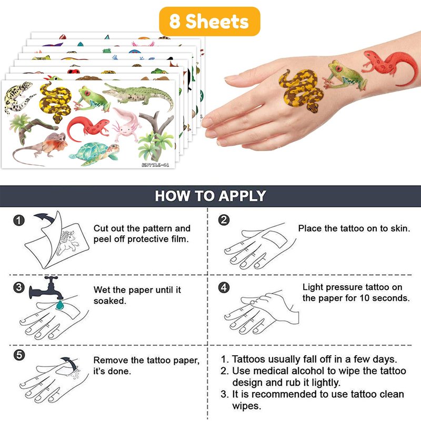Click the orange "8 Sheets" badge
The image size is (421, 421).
pos(209,22)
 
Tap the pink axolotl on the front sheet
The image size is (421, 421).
pos(126,124)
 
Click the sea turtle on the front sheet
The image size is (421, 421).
pos(95,154)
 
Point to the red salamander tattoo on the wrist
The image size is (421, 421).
pos(389,66)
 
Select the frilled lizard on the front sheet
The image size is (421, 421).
pos(41,148)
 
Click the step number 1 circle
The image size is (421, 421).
pos(19,220)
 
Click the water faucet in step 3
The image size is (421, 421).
pos(46,288)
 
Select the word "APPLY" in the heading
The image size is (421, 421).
pos(242,196)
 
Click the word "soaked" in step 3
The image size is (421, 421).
pos(109,301)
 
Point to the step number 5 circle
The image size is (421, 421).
pos(19,355)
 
